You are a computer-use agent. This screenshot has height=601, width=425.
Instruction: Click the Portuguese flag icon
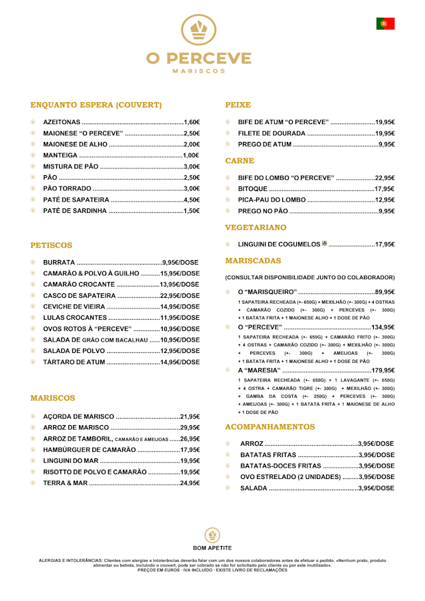point(385,23)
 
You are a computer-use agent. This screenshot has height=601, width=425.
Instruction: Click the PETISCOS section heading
point(51,245)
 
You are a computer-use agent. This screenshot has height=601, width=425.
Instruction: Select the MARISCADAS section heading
point(253,261)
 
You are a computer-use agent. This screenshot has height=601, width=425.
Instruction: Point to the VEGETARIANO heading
point(256,228)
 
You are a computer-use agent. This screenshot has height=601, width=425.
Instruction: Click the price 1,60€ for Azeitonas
point(192,122)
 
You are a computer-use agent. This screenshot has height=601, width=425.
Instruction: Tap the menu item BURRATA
point(58,262)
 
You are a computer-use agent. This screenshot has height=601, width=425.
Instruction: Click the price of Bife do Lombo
point(384,178)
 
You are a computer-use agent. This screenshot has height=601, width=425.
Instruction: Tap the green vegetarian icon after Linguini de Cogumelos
point(325,243)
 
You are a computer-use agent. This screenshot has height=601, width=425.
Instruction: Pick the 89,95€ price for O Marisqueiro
point(384,292)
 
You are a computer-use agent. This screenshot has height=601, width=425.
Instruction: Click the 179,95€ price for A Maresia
point(382,370)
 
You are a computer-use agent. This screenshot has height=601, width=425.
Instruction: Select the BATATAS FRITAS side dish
point(268,455)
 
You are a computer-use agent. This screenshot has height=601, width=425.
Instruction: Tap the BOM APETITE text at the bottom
point(212,548)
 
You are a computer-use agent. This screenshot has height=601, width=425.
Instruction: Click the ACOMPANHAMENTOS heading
point(270,427)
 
